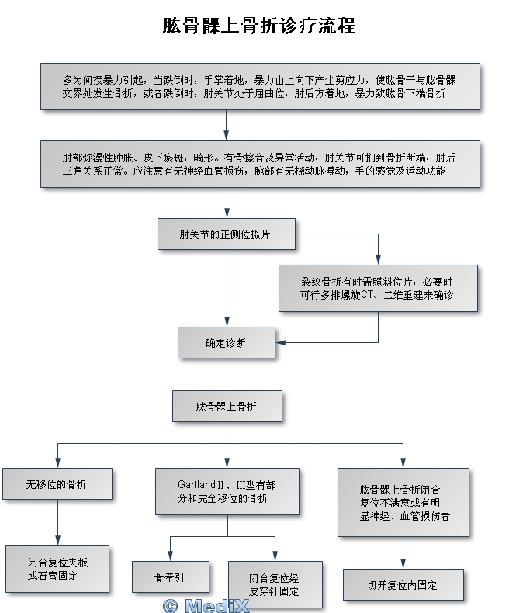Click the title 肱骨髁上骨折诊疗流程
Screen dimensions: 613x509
pyautogui.click(x=258, y=26)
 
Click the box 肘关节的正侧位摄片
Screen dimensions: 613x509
pyautogui.click(x=227, y=234)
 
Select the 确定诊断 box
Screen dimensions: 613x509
pyautogui.click(x=227, y=342)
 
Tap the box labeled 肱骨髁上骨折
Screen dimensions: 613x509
pyautogui.click(x=227, y=406)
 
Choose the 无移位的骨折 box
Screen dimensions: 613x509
pyautogui.click(x=57, y=484)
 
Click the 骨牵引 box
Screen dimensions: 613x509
pyautogui.click(x=170, y=577)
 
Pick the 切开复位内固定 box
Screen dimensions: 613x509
pyautogui.click(x=403, y=585)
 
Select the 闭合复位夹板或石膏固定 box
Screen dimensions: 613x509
pyautogui.click(x=57, y=570)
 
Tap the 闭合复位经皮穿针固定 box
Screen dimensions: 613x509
pyautogui.click(x=275, y=584)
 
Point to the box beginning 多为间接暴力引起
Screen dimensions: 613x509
pyautogui.click(x=259, y=86)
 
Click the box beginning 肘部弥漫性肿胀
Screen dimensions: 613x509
pyautogui.click(x=259, y=164)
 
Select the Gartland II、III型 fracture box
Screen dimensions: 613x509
pyautogui.click(x=227, y=491)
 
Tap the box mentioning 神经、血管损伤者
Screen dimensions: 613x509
pyautogui.click(x=403, y=503)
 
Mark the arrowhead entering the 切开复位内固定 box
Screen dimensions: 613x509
pyautogui.click(x=403, y=565)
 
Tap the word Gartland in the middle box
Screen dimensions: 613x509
pyautogui.click(x=197, y=485)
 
